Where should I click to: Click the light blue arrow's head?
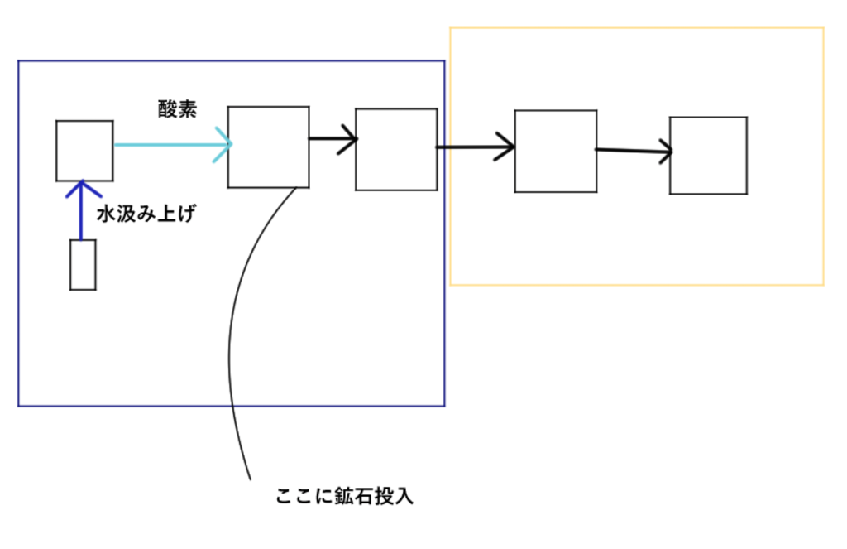point(226,145)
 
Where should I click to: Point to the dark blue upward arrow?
point(80,211)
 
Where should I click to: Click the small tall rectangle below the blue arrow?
point(83,265)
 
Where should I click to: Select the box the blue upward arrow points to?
point(84,150)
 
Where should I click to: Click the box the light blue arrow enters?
point(269,147)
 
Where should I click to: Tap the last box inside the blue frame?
point(396,149)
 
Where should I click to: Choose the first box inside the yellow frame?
point(555,152)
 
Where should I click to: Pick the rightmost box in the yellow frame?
point(708,156)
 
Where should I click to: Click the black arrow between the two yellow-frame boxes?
point(633,151)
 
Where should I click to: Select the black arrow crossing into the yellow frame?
point(476,148)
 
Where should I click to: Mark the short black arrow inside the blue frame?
point(333,139)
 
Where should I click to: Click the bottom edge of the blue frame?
point(232,406)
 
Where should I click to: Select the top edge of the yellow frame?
point(637,28)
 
